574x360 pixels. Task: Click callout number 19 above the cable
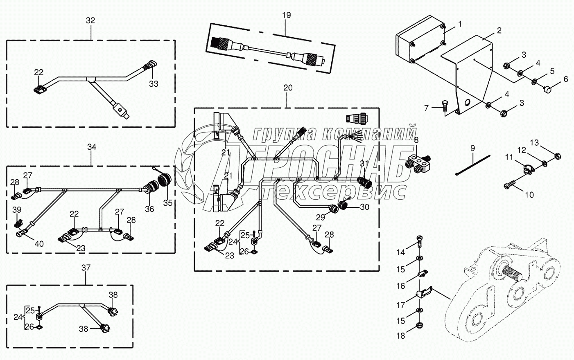(x=286, y=15)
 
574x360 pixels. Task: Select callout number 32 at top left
(x=90, y=20)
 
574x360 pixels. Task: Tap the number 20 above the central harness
(x=288, y=88)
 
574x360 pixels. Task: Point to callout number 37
(x=86, y=268)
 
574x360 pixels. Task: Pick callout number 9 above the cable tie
(x=472, y=147)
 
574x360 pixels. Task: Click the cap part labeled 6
(x=547, y=88)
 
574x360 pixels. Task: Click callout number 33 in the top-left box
(x=154, y=84)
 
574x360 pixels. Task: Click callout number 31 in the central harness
(x=364, y=164)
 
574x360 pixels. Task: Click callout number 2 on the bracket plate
(x=499, y=30)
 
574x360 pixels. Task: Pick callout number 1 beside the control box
(x=459, y=24)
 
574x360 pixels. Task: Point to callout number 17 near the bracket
(x=400, y=305)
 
